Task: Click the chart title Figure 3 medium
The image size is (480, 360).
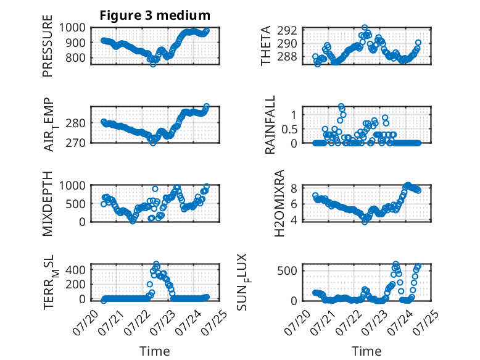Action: point(155,15)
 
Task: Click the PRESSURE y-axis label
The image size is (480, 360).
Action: point(48,46)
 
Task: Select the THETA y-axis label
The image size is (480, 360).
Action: point(266,46)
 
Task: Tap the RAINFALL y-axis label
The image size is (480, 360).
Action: point(270,125)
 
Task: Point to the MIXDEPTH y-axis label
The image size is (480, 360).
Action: point(48,204)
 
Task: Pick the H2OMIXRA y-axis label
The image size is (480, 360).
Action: point(279,203)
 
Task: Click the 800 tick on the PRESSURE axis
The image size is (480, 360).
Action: point(75,57)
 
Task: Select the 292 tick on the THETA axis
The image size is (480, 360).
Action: point(287,31)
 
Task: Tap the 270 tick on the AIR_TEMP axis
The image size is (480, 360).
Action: point(75,143)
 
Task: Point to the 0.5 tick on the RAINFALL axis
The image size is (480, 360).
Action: point(289,129)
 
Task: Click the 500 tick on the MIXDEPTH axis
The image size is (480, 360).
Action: point(75,204)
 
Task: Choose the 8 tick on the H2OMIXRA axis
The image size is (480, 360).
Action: point(294,188)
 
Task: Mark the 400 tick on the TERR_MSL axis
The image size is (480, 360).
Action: point(75,270)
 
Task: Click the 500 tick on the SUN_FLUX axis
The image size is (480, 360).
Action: point(287,271)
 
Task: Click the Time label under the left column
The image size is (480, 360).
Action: point(155,351)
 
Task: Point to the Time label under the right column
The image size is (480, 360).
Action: point(366,351)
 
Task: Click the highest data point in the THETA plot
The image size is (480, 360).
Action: point(365,28)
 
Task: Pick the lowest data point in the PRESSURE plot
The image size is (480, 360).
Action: point(153,64)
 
